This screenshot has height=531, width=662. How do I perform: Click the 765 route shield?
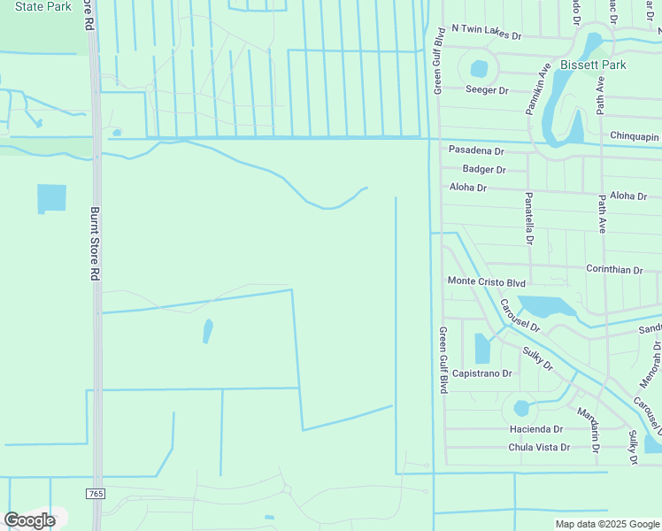(x=95, y=493)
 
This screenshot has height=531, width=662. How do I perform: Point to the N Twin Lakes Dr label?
(x=487, y=28)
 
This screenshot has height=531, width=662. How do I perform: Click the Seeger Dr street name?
(x=487, y=90)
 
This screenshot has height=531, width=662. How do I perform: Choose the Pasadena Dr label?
(x=476, y=151)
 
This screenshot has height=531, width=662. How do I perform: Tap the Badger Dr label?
(x=483, y=169)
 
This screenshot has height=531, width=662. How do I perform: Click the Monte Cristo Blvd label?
(x=487, y=282)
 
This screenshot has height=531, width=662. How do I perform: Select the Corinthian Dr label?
(x=614, y=269)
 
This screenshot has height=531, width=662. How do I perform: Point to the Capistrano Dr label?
(x=482, y=373)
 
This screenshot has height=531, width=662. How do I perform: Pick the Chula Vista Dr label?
(x=539, y=447)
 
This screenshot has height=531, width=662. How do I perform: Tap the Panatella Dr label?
(x=529, y=218)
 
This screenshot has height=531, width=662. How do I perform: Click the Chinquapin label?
(x=635, y=135)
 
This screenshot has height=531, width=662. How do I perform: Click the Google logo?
(x=29, y=520)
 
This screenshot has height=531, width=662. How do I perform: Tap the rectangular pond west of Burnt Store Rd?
(x=51, y=198)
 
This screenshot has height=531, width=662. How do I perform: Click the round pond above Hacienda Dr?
(x=521, y=408)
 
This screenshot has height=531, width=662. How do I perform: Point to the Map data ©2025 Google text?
(x=607, y=524)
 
